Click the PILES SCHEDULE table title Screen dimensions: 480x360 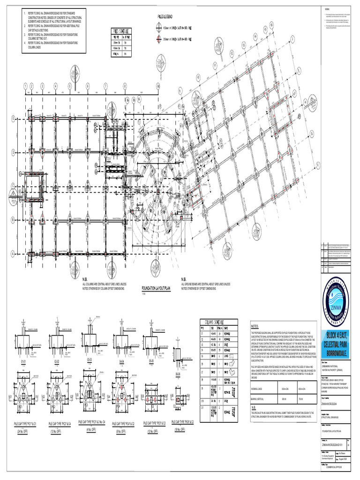[121, 31]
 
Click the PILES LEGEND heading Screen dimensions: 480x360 [167, 16]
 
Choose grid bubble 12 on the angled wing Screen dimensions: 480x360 [231, 54]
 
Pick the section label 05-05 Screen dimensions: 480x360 [151, 362]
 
